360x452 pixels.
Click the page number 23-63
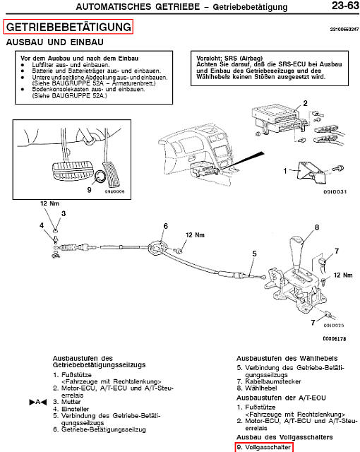click(x=345, y=6)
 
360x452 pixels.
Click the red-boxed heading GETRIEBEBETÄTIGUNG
click(x=68, y=27)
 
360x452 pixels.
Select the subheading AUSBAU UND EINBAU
click(x=55, y=42)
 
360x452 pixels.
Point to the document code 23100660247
click(x=344, y=29)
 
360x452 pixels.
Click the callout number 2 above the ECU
click(x=305, y=103)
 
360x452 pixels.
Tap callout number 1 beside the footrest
click(x=285, y=171)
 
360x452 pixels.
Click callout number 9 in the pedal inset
click(x=89, y=189)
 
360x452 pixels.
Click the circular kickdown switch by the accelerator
click(x=100, y=177)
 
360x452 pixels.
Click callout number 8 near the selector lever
click(x=317, y=227)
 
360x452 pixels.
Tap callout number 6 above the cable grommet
click(x=166, y=226)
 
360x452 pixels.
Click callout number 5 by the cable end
click(x=254, y=254)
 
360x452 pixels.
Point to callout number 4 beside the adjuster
click(x=42, y=225)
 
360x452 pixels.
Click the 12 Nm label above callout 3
click(x=50, y=203)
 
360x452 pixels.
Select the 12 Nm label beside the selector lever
click(x=343, y=275)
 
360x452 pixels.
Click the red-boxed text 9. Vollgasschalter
click(x=264, y=447)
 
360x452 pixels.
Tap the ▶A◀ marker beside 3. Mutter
click(x=38, y=402)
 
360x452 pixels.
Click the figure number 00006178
click(x=335, y=339)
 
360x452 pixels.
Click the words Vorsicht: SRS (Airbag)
click(x=229, y=58)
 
